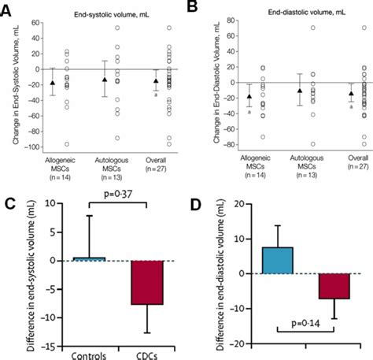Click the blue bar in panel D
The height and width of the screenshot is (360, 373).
click(x=278, y=259)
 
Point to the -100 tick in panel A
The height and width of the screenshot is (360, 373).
click(x=35, y=147)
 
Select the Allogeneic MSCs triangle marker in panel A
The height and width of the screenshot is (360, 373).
click(x=53, y=83)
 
